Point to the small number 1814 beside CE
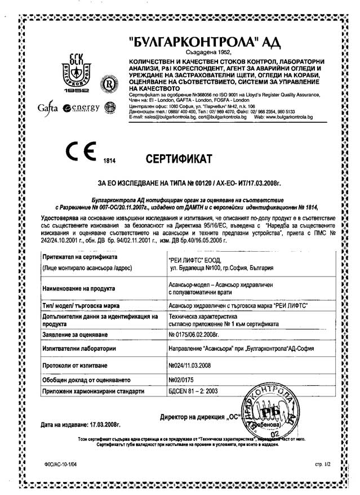(x=109, y=161)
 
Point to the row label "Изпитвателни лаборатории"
(x=79, y=349)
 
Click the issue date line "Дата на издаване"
(x=81, y=424)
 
